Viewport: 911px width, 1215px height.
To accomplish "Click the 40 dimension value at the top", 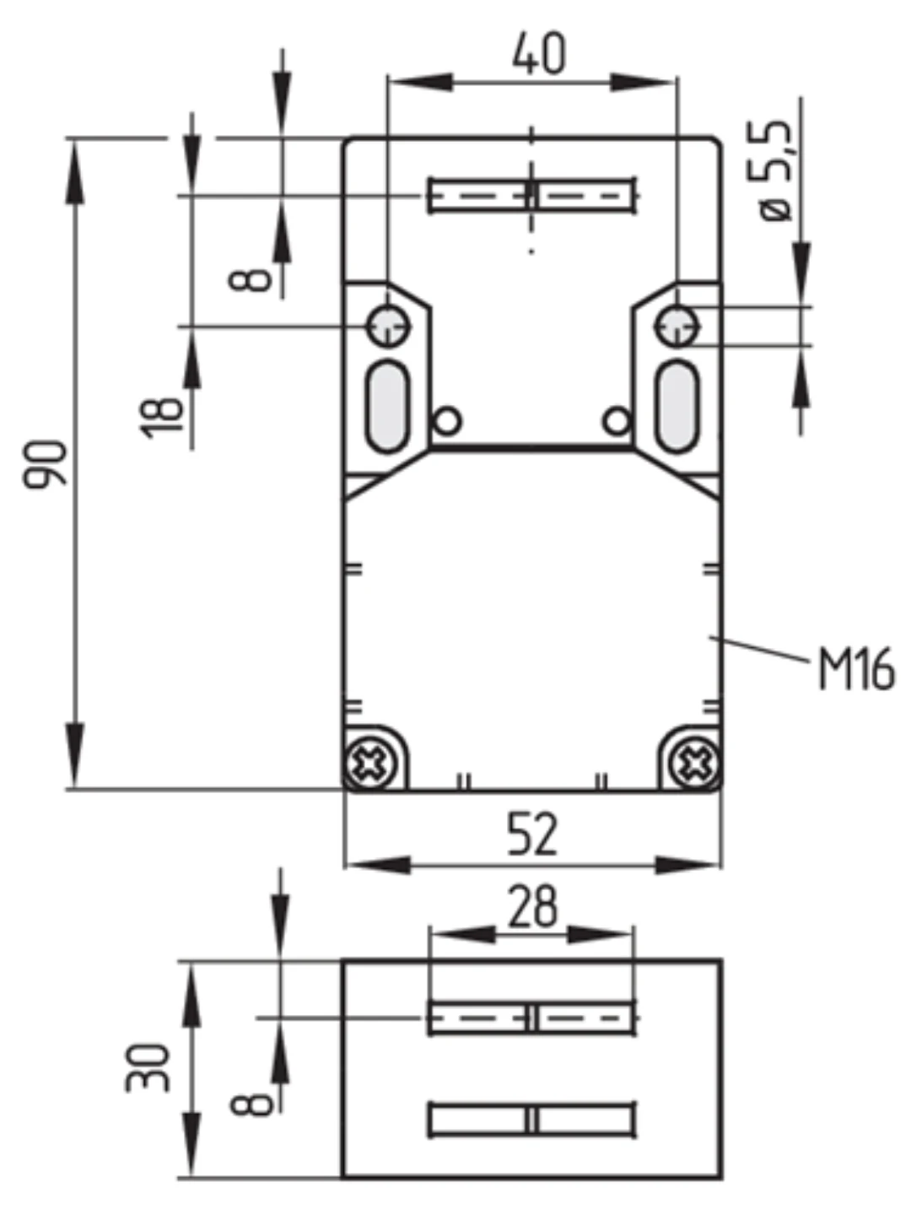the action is [539, 53].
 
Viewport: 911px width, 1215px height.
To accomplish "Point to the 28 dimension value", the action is [532, 907].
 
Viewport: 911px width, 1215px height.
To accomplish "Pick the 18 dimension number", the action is [161, 418].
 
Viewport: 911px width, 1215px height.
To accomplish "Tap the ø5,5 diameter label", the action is [775, 170].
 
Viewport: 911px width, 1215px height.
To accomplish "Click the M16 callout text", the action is [856, 669].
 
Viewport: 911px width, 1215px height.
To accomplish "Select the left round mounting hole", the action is [388, 327].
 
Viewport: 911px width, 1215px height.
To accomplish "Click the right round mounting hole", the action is [677, 327].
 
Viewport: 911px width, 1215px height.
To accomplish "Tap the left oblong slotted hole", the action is [388, 407].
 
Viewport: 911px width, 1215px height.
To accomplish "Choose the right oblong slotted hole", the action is [677, 407].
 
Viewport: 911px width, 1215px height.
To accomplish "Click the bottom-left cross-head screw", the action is [370, 764].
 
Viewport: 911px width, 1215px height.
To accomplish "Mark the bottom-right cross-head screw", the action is [693, 764].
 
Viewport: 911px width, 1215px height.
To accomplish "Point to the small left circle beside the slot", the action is [447, 421].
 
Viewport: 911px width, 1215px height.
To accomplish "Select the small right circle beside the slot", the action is [617, 421].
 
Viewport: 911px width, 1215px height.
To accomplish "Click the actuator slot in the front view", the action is [532, 195].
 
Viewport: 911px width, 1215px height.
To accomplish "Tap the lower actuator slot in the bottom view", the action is [532, 1120].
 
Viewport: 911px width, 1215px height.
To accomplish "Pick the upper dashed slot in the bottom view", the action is [532, 1018].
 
